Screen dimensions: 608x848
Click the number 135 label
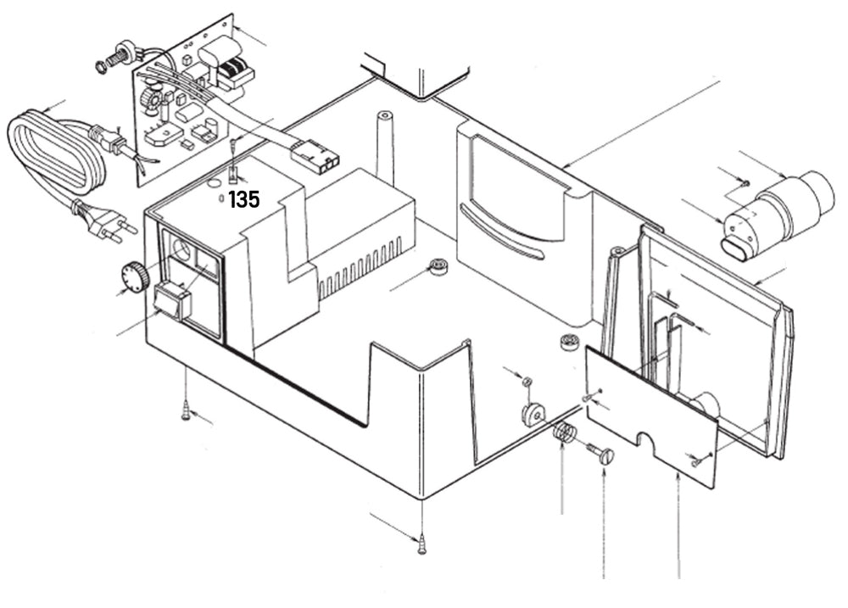click(x=243, y=200)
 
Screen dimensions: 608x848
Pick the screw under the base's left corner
click(x=186, y=412)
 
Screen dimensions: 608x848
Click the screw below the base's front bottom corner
click(x=421, y=542)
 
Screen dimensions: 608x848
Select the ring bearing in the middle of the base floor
click(x=438, y=265)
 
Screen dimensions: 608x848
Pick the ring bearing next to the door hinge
click(x=568, y=344)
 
